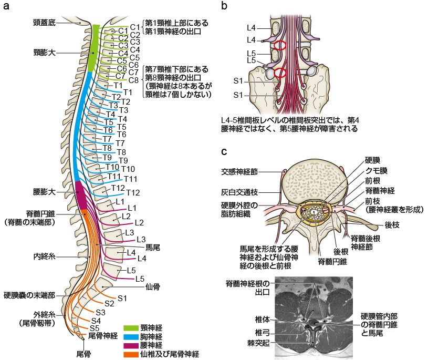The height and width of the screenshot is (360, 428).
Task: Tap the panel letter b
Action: (224, 6)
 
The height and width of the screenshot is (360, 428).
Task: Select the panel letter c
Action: (224, 152)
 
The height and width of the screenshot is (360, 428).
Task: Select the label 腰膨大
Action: (45, 193)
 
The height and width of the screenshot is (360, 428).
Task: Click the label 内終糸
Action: (44, 257)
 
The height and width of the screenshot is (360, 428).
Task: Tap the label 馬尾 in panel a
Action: (152, 247)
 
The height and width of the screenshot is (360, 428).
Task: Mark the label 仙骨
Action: (153, 287)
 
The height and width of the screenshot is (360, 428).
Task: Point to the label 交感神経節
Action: (240, 172)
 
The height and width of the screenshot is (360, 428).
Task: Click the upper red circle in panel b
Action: (280, 46)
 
